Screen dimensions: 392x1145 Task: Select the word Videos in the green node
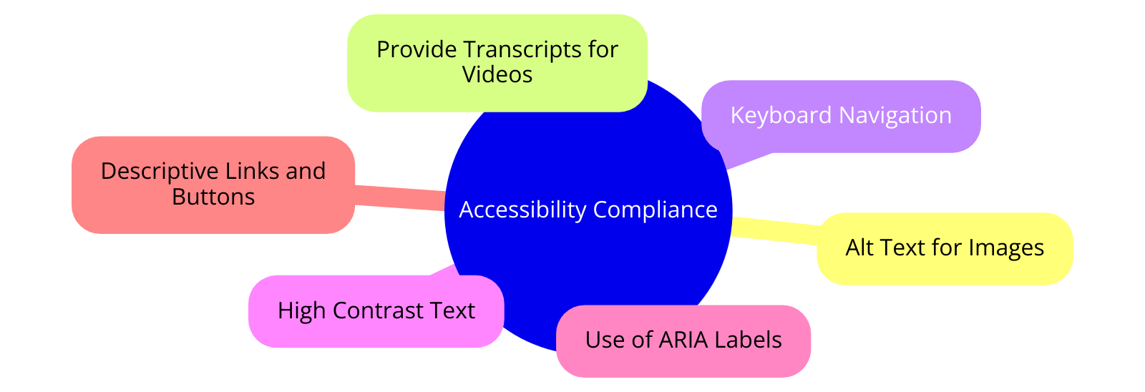[x=497, y=74]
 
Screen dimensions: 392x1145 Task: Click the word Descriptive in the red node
[x=160, y=171]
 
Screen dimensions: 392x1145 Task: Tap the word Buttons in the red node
[x=213, y=197]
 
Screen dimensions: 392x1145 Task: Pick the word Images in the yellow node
[x=1006, y=248]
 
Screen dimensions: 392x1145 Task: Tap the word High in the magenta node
[x=301, y=310]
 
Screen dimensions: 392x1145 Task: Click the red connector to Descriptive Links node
[x=399, y=198]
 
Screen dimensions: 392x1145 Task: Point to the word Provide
[x=416, y=49]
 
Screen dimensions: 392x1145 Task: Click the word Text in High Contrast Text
[x=452, y=310]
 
